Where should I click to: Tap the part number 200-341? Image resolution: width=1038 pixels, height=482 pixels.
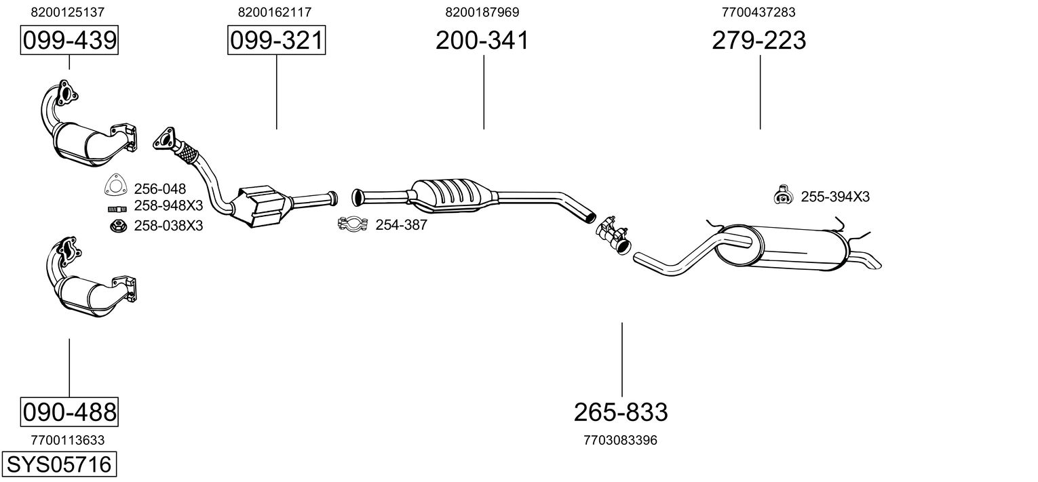point(482,41)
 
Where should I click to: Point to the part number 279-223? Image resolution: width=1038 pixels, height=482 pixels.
point(758,41)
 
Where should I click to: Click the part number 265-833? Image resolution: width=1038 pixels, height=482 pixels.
point(621,411)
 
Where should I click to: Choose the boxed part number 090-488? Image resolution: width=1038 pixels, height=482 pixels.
point(69,411)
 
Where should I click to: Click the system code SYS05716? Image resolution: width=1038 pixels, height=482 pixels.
point(58,465)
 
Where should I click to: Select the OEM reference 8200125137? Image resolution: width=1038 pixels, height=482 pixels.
point(68,12)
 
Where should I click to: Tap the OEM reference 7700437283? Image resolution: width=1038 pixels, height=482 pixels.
point(758,12)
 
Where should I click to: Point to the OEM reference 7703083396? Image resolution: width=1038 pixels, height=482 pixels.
point(620,441)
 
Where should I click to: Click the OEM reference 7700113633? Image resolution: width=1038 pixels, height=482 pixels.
point(68,441)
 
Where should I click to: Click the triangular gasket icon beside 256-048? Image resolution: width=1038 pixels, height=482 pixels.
point(116,186)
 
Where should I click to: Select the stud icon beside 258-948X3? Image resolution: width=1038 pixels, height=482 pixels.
point(117,207)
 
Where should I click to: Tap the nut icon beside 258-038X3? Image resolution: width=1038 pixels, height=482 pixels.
point(118,225)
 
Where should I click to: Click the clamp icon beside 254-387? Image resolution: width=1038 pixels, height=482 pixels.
point(352,224)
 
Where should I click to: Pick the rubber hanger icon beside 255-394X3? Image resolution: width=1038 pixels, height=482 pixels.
point(784,195)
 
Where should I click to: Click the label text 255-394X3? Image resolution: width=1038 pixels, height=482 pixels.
point(835,197)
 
